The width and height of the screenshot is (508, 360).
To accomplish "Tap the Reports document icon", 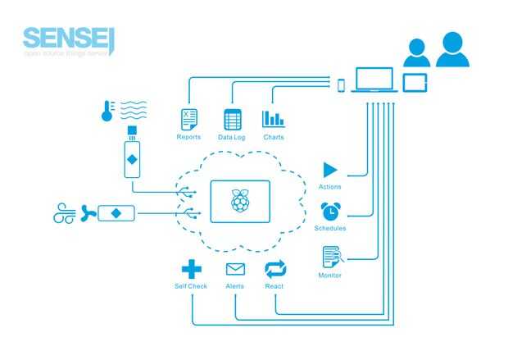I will tap(189, 119).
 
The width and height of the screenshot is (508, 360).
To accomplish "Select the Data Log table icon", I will tap(233, 120).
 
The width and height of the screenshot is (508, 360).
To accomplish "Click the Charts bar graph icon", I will tap(273, 119).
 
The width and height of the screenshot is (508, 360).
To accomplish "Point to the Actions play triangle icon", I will tap(330, 171).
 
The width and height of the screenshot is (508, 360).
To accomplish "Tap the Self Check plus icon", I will tap(191, 269).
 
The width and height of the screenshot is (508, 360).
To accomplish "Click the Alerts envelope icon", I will tap(235, 269).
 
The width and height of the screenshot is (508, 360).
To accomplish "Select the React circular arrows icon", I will tap(274, 269).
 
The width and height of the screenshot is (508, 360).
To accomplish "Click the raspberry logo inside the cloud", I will tap(240, 200).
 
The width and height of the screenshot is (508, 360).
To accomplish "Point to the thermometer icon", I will tap(107, 111).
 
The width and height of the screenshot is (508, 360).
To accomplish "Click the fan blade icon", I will tap(88, 214).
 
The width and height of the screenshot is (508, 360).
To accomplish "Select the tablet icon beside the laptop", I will tap(415, 83).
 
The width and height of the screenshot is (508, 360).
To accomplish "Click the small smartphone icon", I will tap(342, 84).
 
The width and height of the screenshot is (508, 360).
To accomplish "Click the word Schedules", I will tap(330, 228).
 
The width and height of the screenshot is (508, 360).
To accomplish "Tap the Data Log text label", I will tap(232, 137).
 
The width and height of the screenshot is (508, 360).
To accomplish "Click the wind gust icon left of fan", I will tap(64, 214).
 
